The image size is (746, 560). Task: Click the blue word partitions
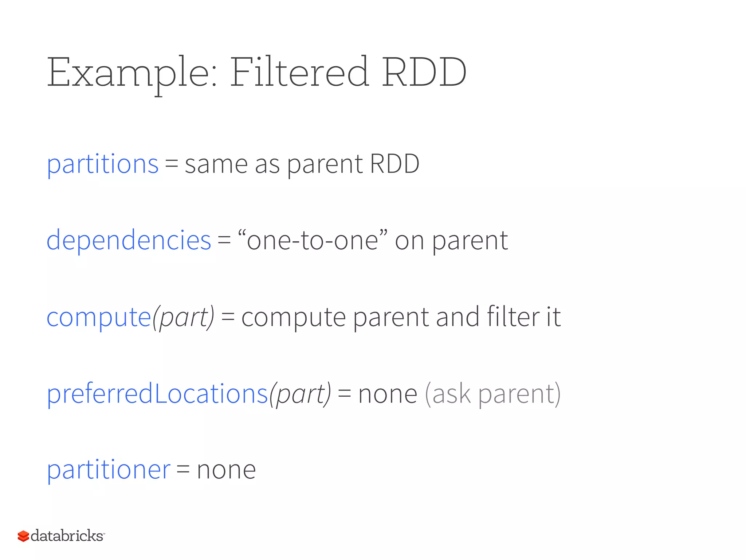pyautogui.click(x=103, y=164)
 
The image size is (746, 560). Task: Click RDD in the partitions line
pyautogui.click(x=394, y=164)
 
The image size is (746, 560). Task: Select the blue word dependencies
pyautogui.click(x=129, y=241)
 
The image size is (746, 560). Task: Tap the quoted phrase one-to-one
pyautogui.click(x=313, y=241)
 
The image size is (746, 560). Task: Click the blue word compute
pyautogui.click(x=99, y=317)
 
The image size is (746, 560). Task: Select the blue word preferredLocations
pyautogui.click(x=157, y=394)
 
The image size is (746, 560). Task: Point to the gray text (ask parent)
pyautogui.click(x=493, y=394)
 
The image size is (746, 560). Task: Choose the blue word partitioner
pyautogui.click(x=109, y=470)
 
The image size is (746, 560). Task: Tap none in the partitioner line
pyautogui.click(x=226, y=470)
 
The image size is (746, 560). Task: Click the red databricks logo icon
pyautogui.click(x=23, y=536)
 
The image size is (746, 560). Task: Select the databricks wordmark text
pyautogui.click(x=67, y=536)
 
